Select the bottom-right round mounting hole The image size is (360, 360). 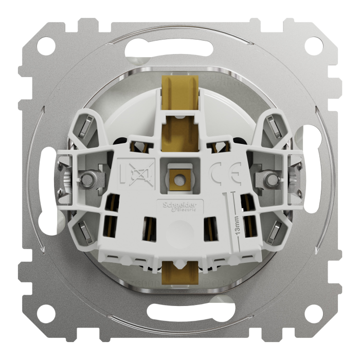pyautogui.click(x=312, y=312)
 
